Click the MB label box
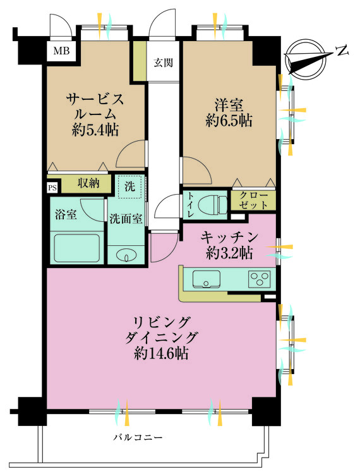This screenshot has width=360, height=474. point(61,51)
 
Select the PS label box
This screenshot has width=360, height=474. point(52,188)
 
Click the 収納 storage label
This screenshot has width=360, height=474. point(88,183)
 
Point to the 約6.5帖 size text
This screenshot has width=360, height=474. point(228,120)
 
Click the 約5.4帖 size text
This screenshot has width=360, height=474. point(95,130)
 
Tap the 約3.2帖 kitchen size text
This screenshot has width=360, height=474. point(229,253)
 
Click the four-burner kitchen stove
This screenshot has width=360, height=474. point(260,278)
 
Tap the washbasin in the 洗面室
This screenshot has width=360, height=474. point(127,256)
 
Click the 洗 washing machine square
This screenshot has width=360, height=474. point(129,186)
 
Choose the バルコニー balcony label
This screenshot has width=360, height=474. point(138,437)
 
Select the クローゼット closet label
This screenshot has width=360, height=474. point(253,202)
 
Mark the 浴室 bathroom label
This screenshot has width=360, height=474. point(67,214)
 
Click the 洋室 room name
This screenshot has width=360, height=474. point(228,104)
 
